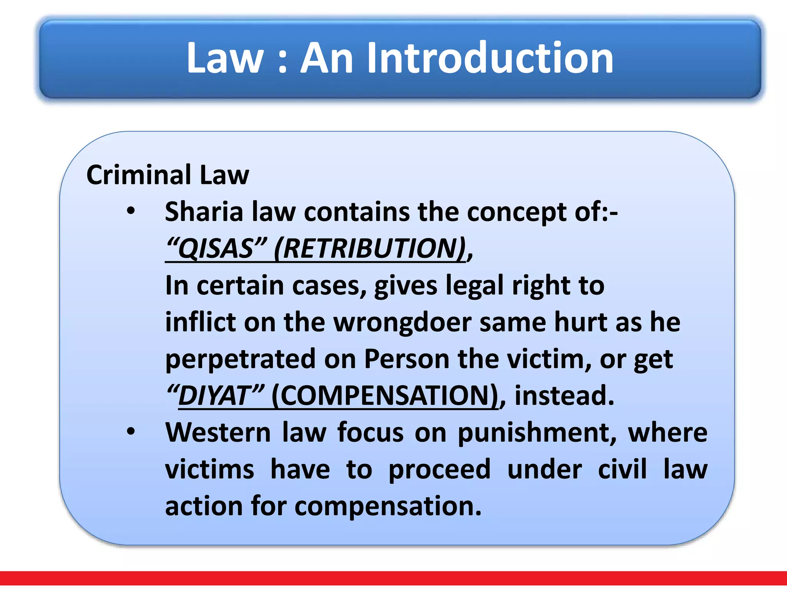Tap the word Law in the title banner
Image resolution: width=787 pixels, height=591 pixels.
(225, 58)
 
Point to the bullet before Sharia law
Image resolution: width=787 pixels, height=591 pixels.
(131, 211)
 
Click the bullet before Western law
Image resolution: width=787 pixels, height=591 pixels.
(131, 432)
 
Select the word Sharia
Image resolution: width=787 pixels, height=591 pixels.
(204, 212)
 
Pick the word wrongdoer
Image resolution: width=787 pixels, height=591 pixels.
(402, 322)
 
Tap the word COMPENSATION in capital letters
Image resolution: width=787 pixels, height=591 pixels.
(385, 396)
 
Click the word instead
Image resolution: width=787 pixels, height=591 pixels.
(564, 396)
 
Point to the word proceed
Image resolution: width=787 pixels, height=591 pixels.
(440, 469)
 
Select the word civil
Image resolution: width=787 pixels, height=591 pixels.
(623, 469)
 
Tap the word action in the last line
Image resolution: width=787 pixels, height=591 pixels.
(204, 506)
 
